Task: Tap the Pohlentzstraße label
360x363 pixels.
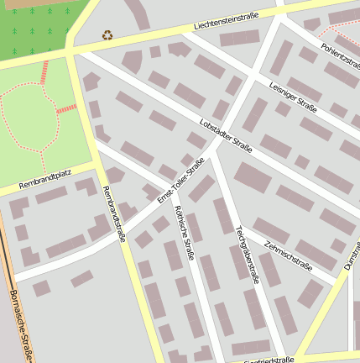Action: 340,55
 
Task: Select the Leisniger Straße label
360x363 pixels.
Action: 293,97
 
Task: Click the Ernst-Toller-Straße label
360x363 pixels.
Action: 180,179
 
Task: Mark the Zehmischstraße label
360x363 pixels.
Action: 288,255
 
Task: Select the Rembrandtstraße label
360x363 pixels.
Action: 113,213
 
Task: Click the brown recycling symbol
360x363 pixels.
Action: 107,34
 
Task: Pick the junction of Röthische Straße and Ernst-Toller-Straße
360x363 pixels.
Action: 174,191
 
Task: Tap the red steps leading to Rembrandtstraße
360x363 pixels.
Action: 65,108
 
